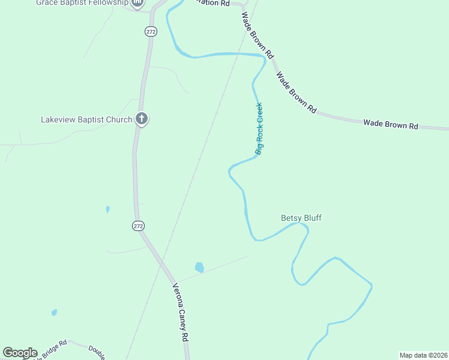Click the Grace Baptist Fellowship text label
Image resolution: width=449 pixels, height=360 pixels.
coord(82,2)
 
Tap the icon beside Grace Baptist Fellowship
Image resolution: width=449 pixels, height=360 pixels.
coord(137,3)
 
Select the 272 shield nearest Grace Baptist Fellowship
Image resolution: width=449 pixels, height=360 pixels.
coord(151,31)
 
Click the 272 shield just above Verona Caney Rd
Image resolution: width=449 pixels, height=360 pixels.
coord(138,226)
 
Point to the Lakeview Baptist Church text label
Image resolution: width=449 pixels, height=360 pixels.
coord(86,119)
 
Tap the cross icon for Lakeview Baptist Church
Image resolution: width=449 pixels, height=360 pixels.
coord(142,119)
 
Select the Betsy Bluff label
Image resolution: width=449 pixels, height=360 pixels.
coord(301,218)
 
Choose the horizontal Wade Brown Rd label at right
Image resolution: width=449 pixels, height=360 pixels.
coord(390,125)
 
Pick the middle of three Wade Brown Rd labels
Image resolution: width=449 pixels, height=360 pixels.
coord(295,92)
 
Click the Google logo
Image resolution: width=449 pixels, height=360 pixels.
coord(20,353)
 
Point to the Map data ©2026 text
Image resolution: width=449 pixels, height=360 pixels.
coord(423,355)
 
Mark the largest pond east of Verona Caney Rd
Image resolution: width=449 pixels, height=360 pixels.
coord(199,267)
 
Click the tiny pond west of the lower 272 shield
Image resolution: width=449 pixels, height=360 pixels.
coord(107,209)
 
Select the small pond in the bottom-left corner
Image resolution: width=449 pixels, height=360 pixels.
coord(54,313)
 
